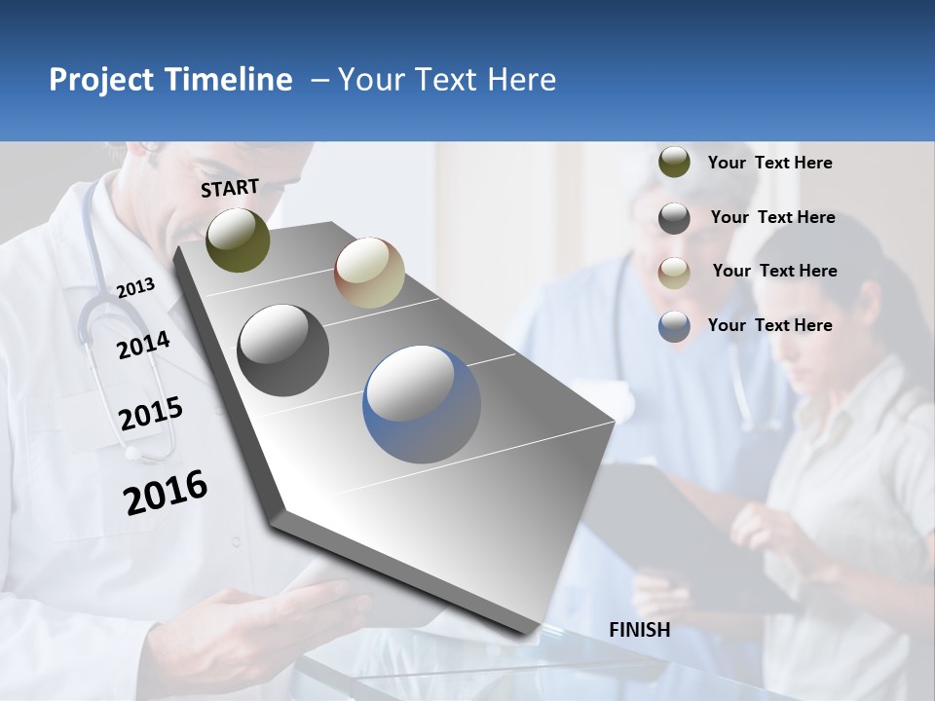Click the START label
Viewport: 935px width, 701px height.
coord(230,188)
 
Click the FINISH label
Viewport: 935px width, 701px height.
coord(639,630)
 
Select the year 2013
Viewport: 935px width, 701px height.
coord(135,287)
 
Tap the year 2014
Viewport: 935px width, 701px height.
coord(143,345)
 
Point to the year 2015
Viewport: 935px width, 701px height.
coord(150,414)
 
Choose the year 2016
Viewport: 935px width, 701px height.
coord(166,492)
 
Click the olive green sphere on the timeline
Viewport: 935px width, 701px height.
coord(238,240)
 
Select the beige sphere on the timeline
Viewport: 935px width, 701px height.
coord(369,273)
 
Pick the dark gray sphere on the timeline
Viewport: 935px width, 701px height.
coord(283,350)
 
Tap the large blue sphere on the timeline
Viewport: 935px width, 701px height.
coord(422,403)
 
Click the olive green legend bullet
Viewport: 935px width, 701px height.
coord(674,163)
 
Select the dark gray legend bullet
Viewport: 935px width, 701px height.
coord(674,217)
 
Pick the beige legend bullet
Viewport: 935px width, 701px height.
coord(674,272)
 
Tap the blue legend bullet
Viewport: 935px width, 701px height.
coord(674,326)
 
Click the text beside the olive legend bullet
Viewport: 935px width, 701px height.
coord(769,163)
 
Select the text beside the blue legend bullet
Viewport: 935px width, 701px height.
coord(769,325)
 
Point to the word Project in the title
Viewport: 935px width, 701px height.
coord(102,80)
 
